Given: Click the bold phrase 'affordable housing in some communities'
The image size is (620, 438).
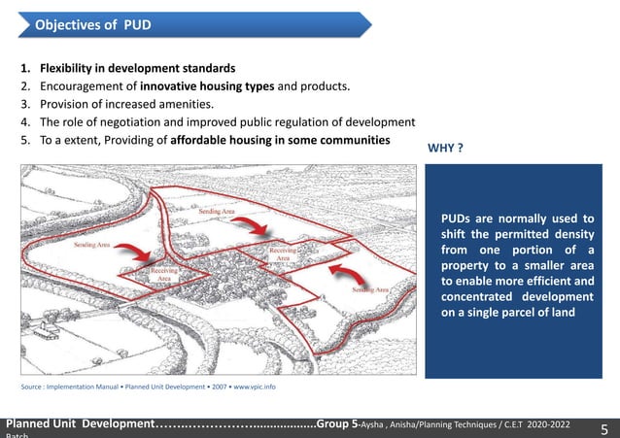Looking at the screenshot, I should tap(280, 140).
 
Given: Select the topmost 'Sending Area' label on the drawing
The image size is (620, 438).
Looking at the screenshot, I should tap(214, 211).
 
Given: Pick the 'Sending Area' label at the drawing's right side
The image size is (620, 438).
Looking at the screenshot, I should tap(370, 289).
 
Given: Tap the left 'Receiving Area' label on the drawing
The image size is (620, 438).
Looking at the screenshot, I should tap(164, 274).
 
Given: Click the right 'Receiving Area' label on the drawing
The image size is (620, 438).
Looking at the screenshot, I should tap(283, 254).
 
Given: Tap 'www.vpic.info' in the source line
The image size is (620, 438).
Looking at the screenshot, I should tap(256, 387).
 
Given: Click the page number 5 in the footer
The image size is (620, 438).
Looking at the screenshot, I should tap(603, 429).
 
